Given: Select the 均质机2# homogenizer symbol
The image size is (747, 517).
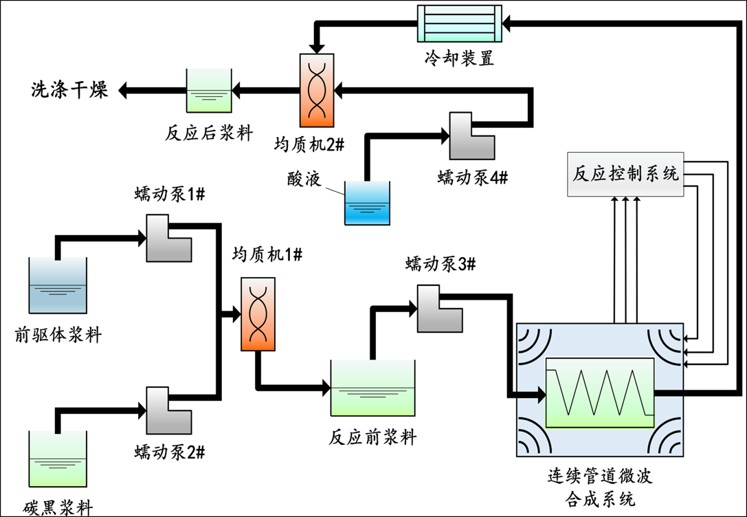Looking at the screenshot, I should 317,90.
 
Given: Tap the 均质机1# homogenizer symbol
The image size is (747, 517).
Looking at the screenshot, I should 258,314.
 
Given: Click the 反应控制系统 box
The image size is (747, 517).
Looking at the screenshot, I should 625,174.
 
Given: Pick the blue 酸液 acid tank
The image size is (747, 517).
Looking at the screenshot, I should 367,203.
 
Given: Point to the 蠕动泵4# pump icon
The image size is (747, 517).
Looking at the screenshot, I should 471,135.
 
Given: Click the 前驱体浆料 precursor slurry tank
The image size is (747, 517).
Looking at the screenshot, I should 58,285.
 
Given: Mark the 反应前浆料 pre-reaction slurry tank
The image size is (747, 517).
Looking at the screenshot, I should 373,388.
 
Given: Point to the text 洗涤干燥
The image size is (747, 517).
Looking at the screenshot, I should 69,89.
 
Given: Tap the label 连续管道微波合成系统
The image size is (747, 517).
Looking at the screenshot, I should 600,486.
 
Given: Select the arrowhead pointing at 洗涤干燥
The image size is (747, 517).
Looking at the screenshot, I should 124,89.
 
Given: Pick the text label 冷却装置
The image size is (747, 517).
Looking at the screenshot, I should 459,58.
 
